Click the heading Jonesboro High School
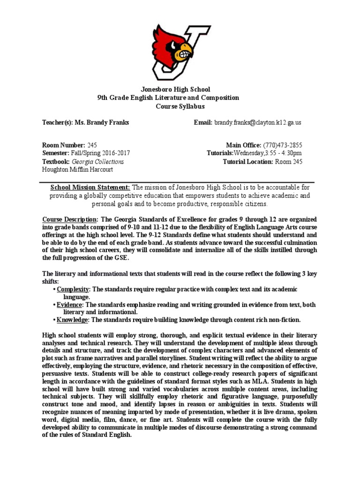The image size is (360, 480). point(176,89)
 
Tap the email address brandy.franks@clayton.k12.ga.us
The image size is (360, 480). point(258,123)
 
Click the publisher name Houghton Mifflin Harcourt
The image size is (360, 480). point(77,170)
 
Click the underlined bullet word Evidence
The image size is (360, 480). point(69,305)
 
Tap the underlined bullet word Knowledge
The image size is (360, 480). point(72,320)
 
